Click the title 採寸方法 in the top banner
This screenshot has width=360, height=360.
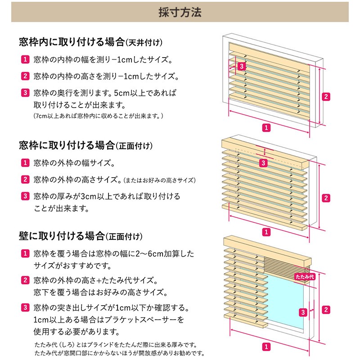(x=180, y=12)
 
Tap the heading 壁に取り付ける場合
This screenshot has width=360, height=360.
(x=62, y=236)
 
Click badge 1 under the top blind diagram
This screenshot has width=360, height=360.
(x=266, y=128)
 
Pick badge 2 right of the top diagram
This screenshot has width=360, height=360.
(x=326, y=96)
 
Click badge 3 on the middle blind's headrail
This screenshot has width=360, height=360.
(x=264, y=163)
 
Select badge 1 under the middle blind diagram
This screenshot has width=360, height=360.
(x=266, y=232)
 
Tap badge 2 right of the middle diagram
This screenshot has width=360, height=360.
(x=326, y=198)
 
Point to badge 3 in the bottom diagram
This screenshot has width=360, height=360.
(x=303, y=312)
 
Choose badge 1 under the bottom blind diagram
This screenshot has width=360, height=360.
(x=266, y=347)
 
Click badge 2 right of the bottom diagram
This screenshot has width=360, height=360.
(x=326, y=310)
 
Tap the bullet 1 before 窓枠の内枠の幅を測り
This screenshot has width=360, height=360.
(x=25, y=59)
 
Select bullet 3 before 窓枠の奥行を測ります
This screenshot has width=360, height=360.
(x=25, y=94)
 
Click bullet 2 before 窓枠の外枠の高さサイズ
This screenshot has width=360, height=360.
(x=25, y=180)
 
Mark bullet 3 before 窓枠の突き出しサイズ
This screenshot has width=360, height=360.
(x=25, y=308)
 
